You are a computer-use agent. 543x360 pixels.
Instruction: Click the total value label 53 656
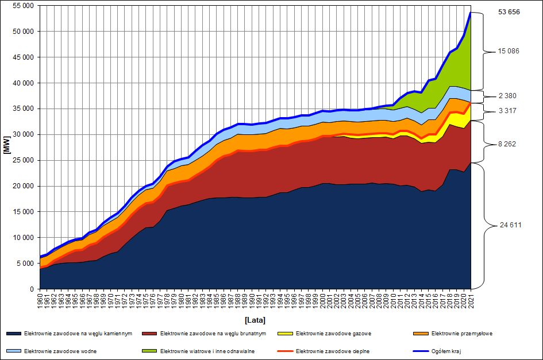tap(509, 11)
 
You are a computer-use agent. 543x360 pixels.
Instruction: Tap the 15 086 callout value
tap(509, 51)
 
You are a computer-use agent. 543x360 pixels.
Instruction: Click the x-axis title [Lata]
tap(255, 320)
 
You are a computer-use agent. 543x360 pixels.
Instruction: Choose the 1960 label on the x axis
tap(40, 300)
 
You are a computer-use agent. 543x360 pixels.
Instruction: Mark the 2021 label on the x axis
tap(471, 300)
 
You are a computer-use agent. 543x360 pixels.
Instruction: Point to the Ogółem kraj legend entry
tap(444, 351)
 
